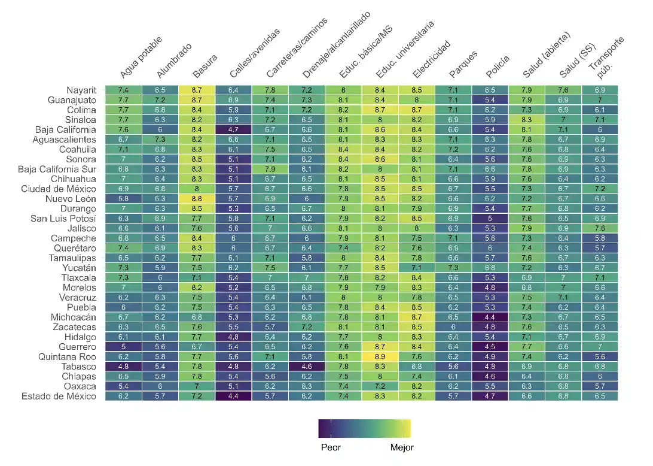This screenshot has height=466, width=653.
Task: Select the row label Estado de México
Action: (59, 396)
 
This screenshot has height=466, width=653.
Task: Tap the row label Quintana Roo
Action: (69, 356)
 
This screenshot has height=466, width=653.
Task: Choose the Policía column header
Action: (498, 66)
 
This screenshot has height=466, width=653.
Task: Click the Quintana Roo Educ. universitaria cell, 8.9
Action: (379, 356)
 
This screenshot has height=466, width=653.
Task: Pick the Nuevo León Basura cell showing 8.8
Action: (197, 198)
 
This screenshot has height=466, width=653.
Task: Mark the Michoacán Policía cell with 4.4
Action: (489, 317)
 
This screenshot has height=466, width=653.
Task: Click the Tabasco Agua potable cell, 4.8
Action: (124, 367)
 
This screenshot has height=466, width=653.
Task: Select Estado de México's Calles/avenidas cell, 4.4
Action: (233, 396)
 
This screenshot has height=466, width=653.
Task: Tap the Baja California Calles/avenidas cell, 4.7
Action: (233, 129)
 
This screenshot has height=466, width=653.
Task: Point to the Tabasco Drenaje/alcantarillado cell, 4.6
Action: (306, 367)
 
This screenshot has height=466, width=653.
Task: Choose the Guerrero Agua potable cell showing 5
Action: (124, 347)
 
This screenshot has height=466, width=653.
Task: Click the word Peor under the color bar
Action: (331, 447)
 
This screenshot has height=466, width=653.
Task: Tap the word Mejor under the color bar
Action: (401, 447)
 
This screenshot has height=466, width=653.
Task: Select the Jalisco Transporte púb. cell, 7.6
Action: (599, 228)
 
